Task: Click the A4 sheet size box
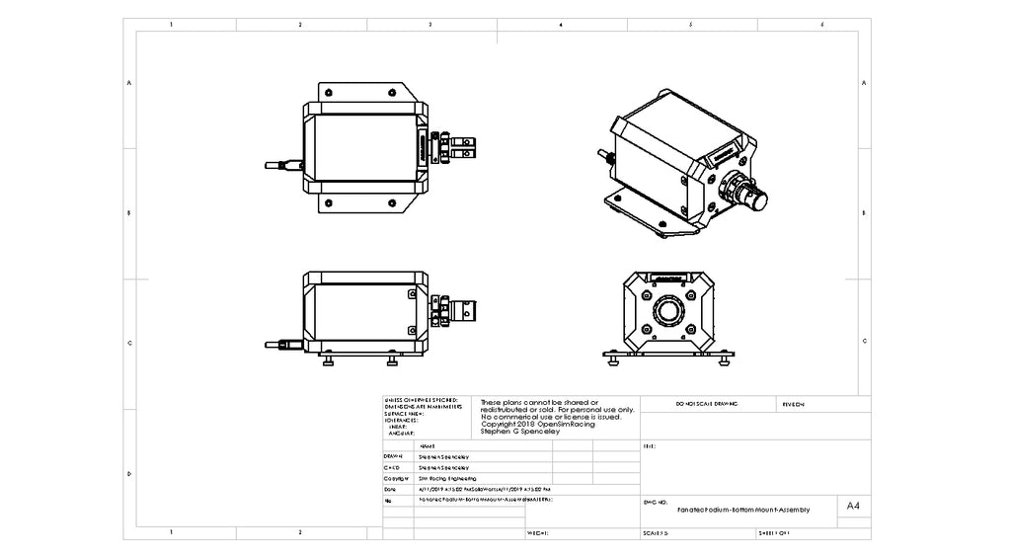[x=854, y=506]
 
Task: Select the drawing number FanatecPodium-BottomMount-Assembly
[x=742, y=510]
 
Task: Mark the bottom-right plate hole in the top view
[x=398, y=203]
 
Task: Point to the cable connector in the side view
[x=286, y=345]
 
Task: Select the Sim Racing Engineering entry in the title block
[x=447, y=477]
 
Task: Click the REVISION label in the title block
[x=794, y=405]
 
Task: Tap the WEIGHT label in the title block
[x=537, y=533]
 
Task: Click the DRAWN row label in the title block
[x=392, y=457]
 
